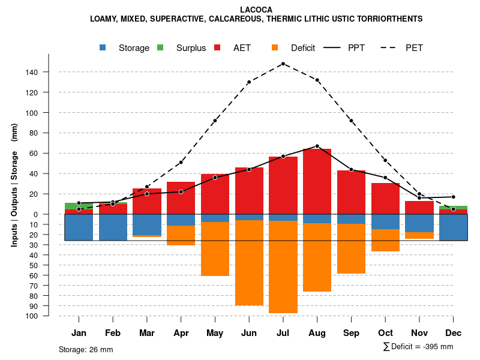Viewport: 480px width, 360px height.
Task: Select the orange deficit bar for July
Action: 283,267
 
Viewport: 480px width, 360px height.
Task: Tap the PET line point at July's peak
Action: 283,63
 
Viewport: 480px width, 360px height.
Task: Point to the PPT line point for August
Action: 317,146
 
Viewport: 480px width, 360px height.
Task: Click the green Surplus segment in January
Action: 79,206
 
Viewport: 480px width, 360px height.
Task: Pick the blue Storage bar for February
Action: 113,227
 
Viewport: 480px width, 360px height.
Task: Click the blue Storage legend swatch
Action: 103,47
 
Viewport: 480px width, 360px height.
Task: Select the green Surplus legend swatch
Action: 160,47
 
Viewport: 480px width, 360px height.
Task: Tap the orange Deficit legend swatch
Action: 275,47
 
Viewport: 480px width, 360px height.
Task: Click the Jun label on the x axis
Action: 249,333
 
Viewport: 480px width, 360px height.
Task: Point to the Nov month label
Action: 419,333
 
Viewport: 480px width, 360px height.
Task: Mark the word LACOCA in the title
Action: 256,10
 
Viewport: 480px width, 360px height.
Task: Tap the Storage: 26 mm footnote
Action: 86,349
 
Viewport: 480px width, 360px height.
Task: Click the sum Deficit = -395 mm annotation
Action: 418,347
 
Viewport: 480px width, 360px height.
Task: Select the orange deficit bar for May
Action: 215,249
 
